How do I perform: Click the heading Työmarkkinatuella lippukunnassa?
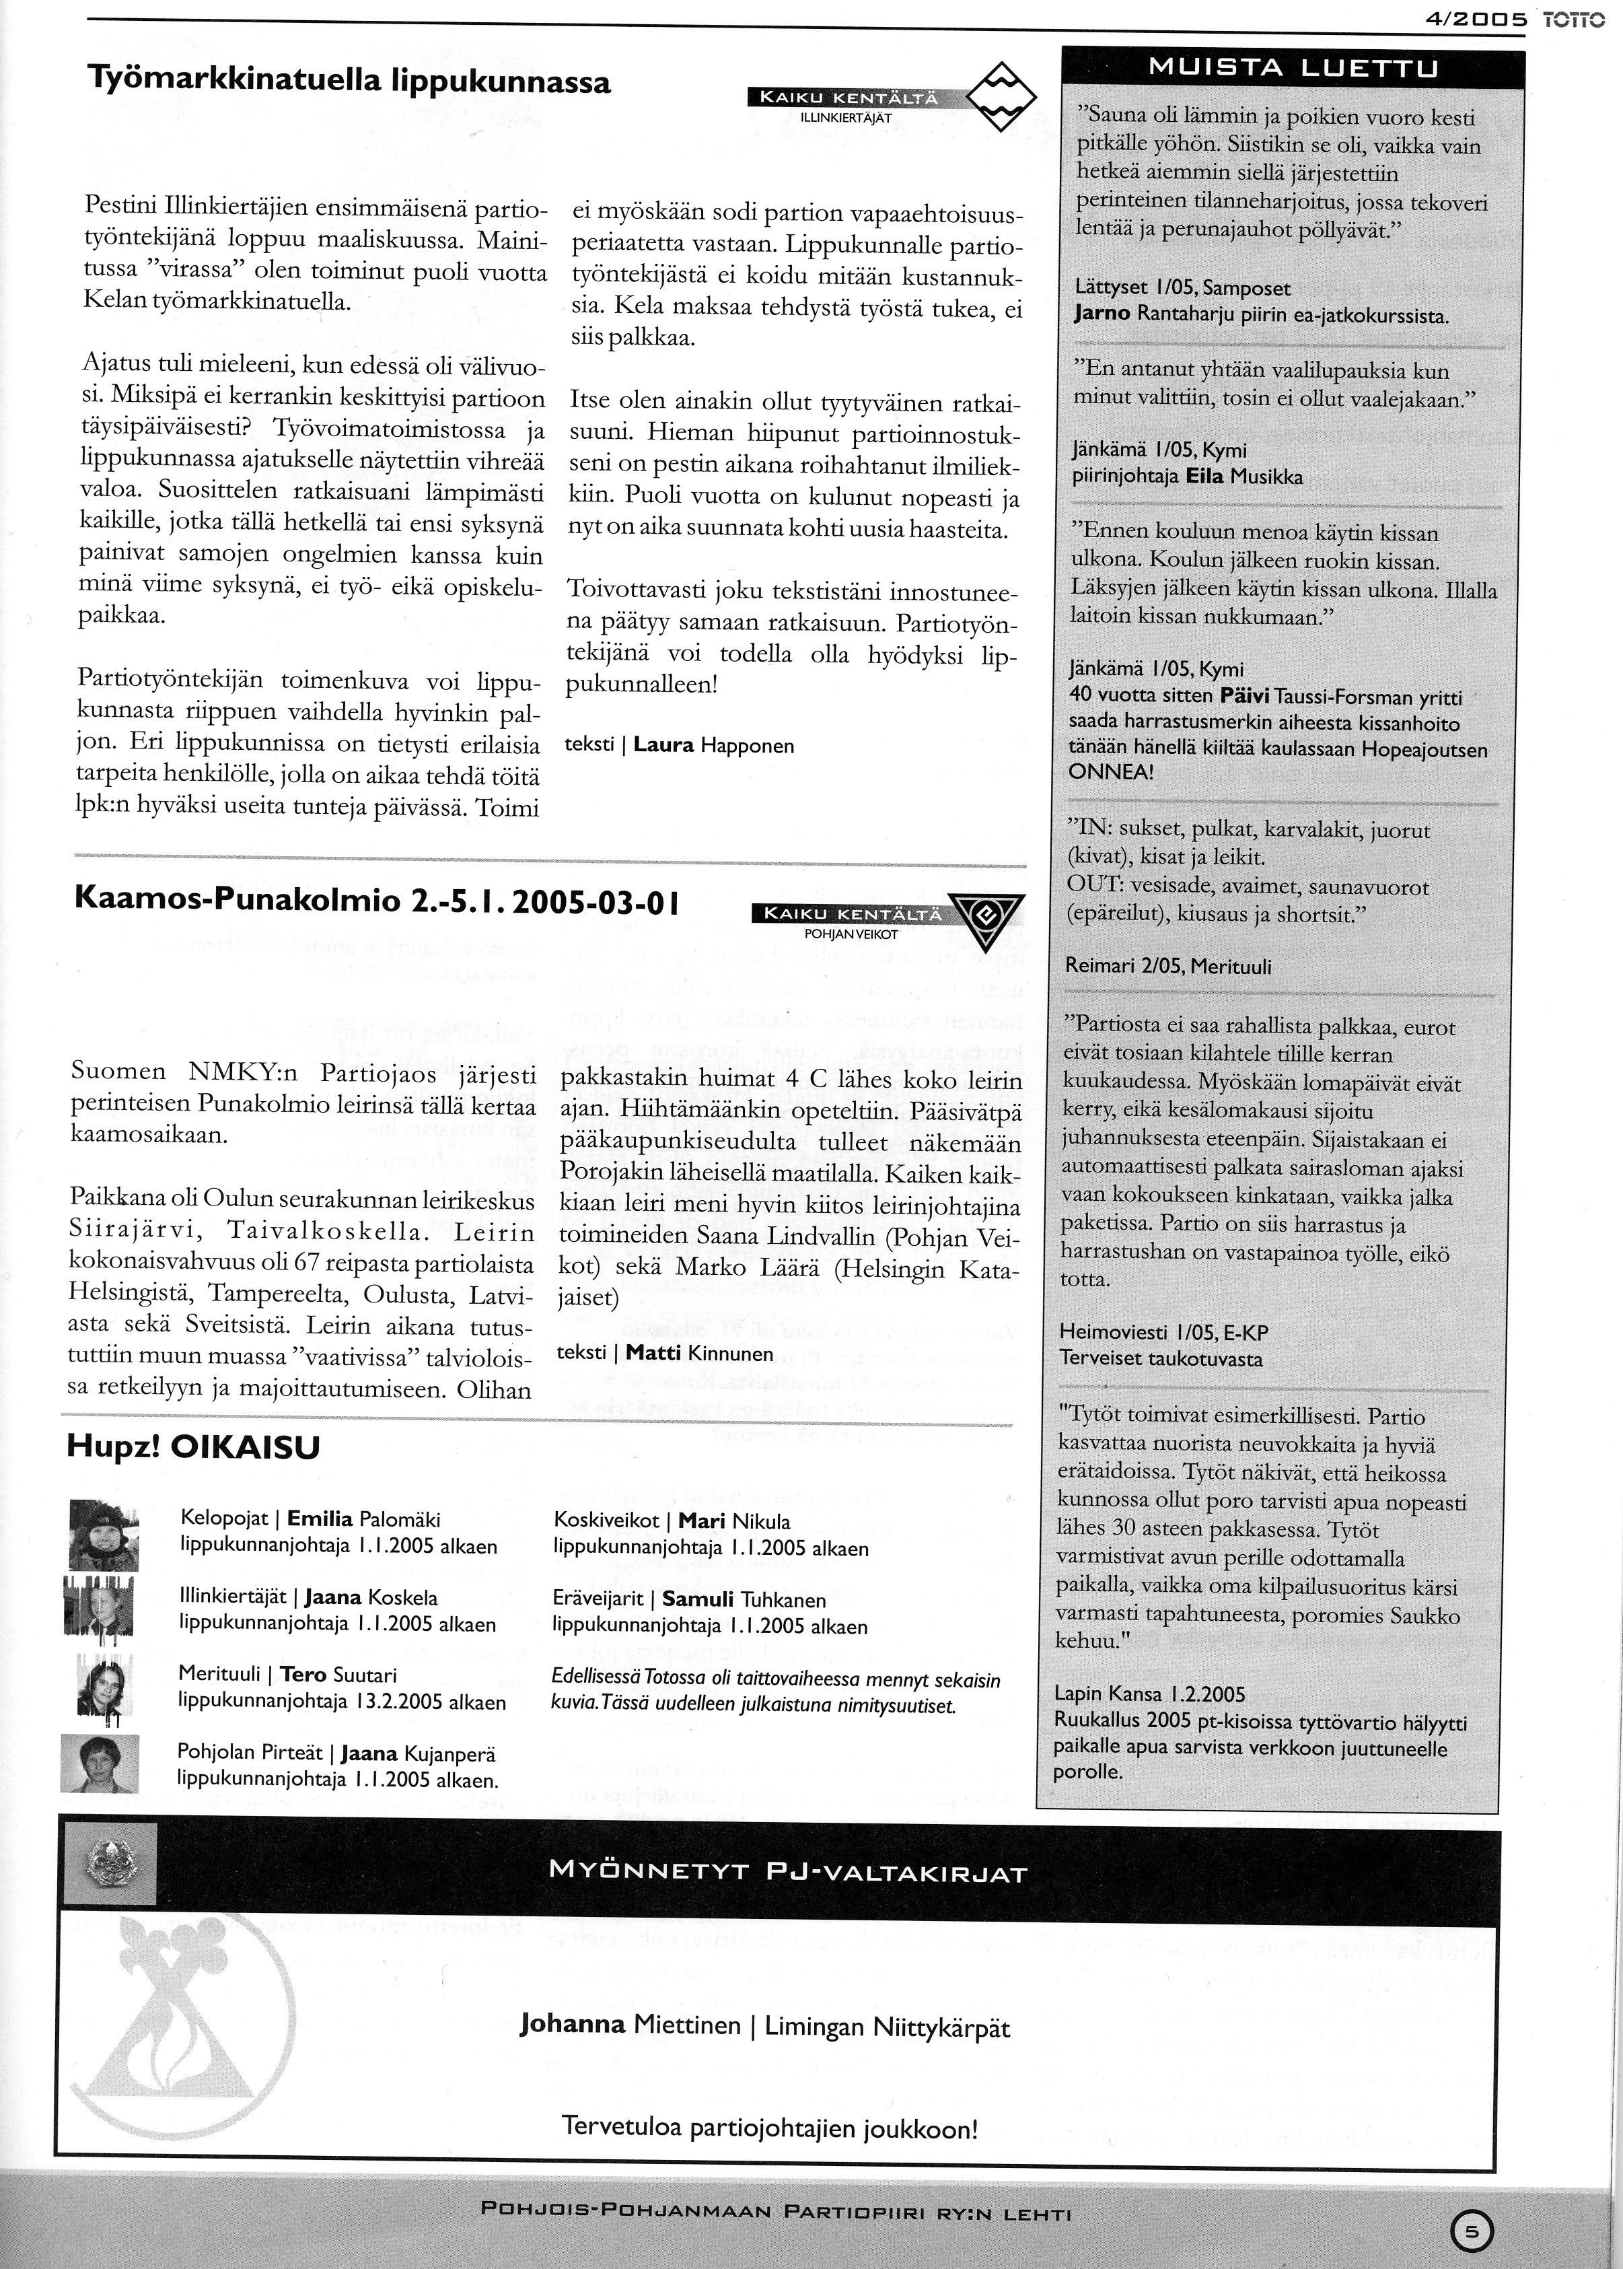(350, 80)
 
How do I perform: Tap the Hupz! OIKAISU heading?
(193, 1447)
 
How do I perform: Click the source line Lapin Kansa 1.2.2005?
(1150, 1694)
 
